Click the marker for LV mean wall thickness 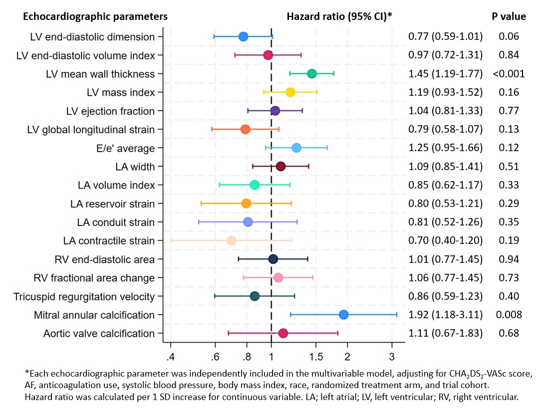tap(312, 74)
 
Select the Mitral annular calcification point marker tap(343, 314)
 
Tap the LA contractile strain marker tap(232, 240)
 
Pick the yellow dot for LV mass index tap(290, 92)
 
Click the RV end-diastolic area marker tap(273, 259)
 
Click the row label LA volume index tap(116, 185)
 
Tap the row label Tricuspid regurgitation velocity tap(84, 296)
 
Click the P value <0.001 tap(509, 74)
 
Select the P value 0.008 tap(509, 315)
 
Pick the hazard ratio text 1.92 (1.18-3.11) tap(445, 315)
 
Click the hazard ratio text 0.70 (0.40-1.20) tap(445, 240)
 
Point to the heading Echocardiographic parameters tap(95, 16)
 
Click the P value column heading tap(509, 16)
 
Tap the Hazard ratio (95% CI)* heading tap(339, 16)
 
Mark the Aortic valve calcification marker tap(283, 333)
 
